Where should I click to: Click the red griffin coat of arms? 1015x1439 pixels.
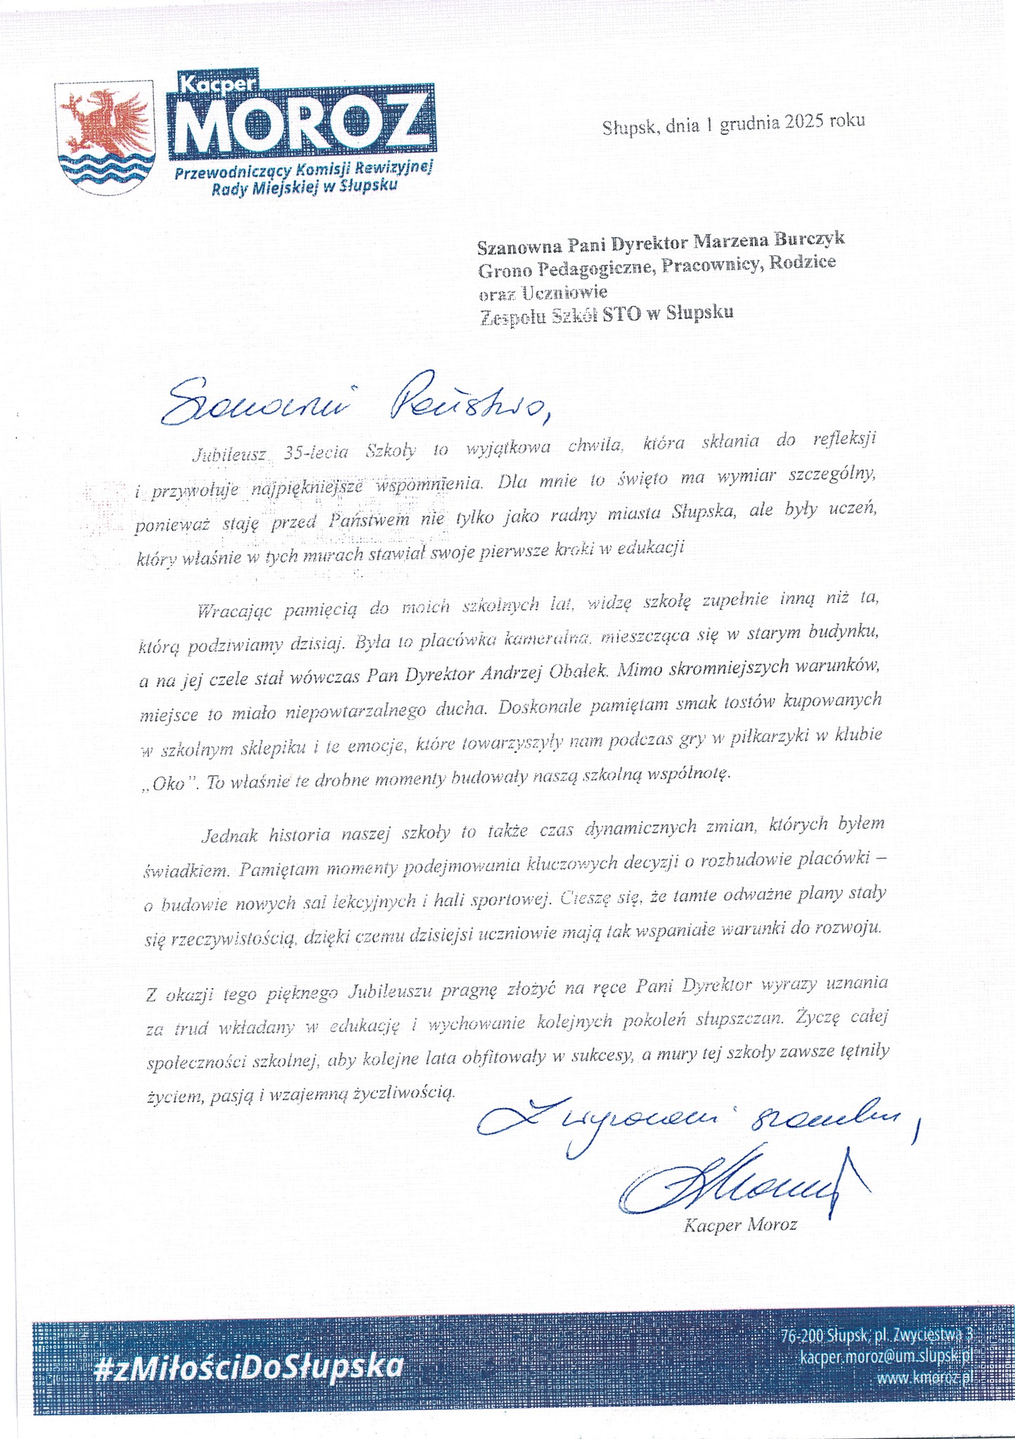pyautogui.click(x=105, y=126)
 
